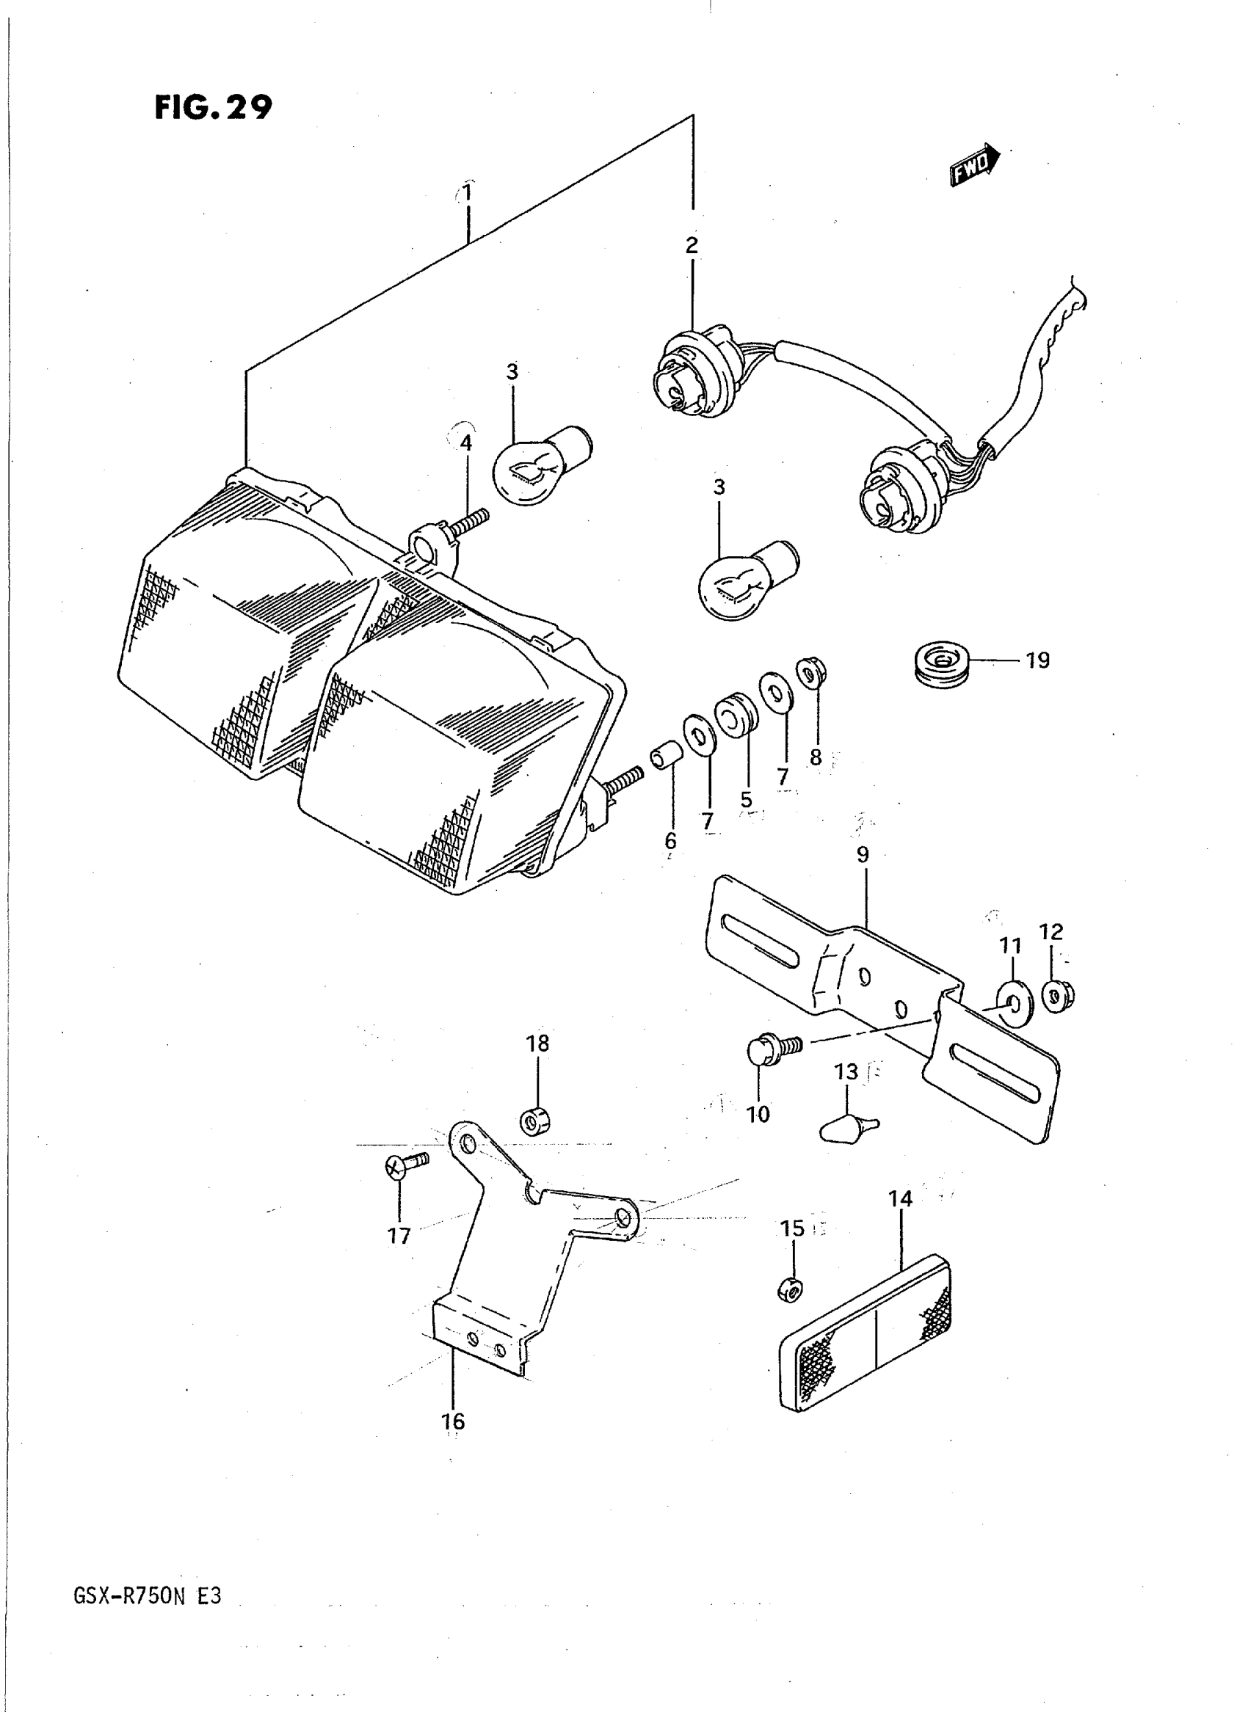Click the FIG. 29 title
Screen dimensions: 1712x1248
213,108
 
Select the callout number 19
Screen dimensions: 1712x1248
1038,660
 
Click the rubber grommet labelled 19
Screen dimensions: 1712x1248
939,664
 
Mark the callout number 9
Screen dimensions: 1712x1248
863,855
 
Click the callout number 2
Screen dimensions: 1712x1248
692,245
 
